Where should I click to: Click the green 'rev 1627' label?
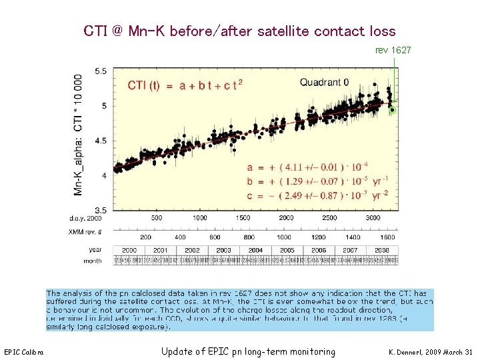(x=393, y=51)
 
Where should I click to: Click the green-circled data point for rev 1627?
(x=393, y=109)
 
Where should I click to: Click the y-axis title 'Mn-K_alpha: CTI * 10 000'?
(x=79, y=135)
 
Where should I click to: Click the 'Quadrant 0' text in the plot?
(x=324, y=83)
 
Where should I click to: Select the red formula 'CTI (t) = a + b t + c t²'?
(x=185, y=85)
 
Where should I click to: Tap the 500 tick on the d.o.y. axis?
(x=156, y=218)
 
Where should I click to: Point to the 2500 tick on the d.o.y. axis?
(x=329, y=218)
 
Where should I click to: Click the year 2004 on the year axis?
(x=255, y=250)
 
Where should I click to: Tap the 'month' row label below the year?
(x=93, y=261)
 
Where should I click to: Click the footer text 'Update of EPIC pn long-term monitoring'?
(x=248, y=351)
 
